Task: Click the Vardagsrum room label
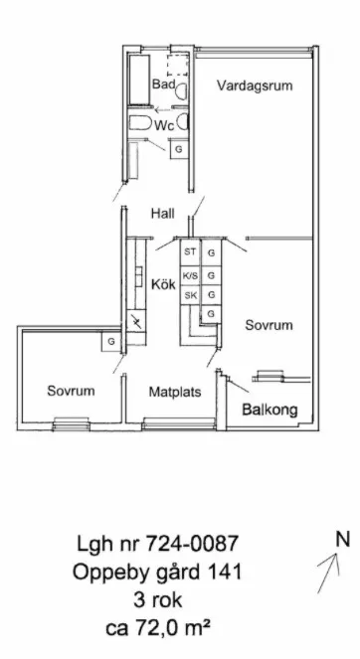(255, 85)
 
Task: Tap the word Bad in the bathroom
(163, 84)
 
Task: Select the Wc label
(164, 125)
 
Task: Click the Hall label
(163, 214)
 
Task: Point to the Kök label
(163, 284)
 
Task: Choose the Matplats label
(175, 393)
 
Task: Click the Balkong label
(270, 410)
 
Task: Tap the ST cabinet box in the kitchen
(190, 252)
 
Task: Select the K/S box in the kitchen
(190, 275)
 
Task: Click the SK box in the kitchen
(190, 295)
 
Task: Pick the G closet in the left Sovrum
(111, 342)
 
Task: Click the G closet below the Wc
(179, 149)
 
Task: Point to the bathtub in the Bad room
(139, 79)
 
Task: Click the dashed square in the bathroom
(177, 66)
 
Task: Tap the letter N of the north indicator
(343, 539)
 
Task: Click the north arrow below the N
(328, 573)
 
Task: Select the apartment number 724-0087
(192, 544)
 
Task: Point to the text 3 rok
(158, 600)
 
